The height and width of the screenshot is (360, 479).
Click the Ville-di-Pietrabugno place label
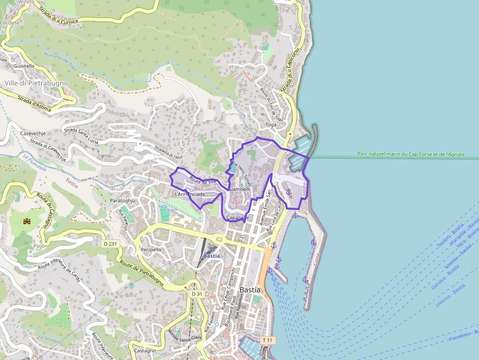click(x=36, y=83)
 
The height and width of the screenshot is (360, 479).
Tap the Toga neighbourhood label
click(x=271, y=125)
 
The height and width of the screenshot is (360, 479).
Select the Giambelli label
click(x=239, y=189)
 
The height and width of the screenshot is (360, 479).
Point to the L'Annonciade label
click(x=190, y=194)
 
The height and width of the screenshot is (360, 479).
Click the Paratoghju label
click(x=122, y=200)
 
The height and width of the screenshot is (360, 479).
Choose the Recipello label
click(x=151, y=249)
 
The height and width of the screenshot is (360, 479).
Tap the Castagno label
click(x=145, y=351)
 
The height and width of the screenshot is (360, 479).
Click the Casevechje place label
click(x=33, y=133)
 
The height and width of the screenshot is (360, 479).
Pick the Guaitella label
click(x=24, y=65)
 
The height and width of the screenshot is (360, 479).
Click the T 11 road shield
click(x=268, y=340)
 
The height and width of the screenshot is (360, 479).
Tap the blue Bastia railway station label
click(x=212, y=255)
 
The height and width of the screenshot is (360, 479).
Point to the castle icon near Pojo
click(x=27, y=221)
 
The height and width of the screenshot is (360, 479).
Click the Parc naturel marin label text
click(x=411, y=154)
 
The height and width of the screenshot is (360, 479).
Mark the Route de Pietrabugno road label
click(x=142, y=273)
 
